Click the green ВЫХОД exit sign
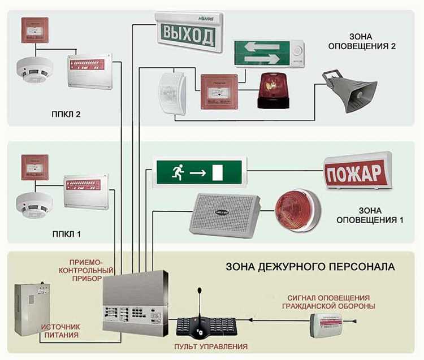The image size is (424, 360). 189,34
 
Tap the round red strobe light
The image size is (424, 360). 296,209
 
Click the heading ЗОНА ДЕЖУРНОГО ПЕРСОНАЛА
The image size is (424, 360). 310,266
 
